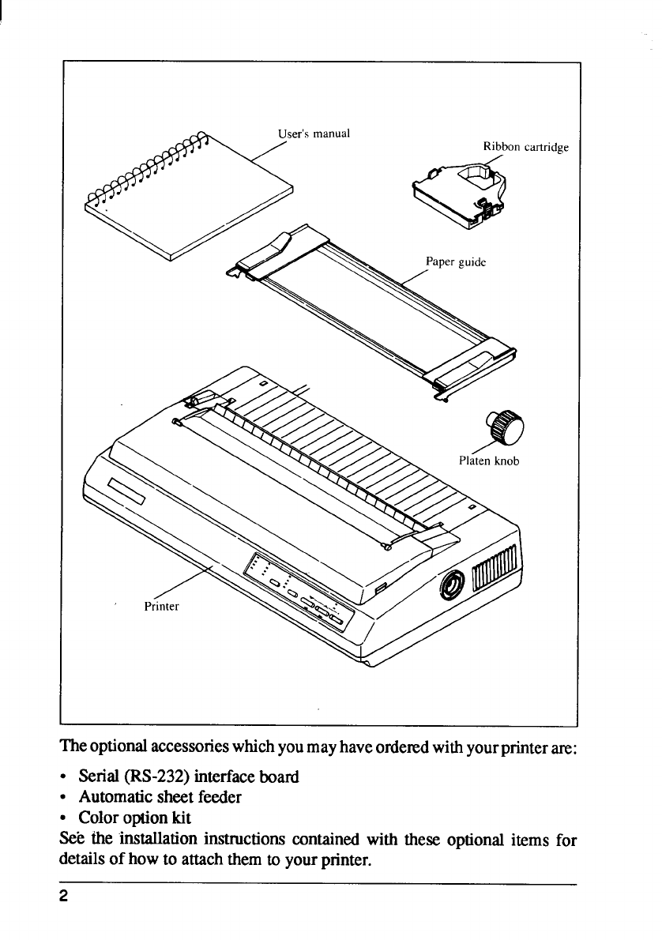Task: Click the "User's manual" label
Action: pyautogui.click(x=314, y=133)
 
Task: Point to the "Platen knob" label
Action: pyautogui.click(x=488, y=461)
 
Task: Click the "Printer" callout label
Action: pyautogui.click(x=163, y=607)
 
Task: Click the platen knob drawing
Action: pyautogui.click(x=503, y=427)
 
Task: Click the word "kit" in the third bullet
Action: pyautogui.click(x=179, y=818)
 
